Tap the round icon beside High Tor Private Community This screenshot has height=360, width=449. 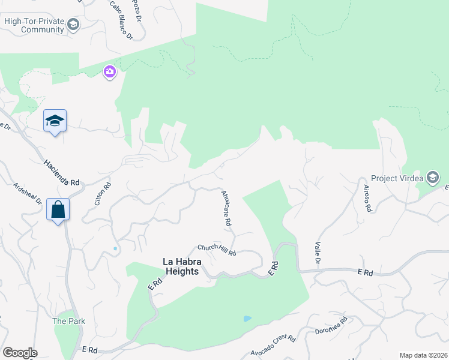click(x=73, y=25)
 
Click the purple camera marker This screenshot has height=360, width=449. click(x=109, y=72)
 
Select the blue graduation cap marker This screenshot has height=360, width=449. click(x=55, y=121)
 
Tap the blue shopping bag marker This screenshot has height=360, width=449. click(x=58, y=210)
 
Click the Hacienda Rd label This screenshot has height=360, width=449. click(x=62, y=172)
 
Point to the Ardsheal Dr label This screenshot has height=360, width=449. click(x=28, y=193)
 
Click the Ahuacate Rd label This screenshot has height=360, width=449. click(x=226, y=208)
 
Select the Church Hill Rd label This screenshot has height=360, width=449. click(x=217, y=250)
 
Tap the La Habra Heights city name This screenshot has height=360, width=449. click(x=181, y=266)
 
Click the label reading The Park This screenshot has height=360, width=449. click(x=68, y=321)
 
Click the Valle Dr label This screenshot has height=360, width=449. click(x=318, y=253)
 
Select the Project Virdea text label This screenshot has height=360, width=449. click(x=397, y=178)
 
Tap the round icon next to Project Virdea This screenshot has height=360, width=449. click(x=432, y=177)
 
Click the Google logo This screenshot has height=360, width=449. click(x=20, y=353)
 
